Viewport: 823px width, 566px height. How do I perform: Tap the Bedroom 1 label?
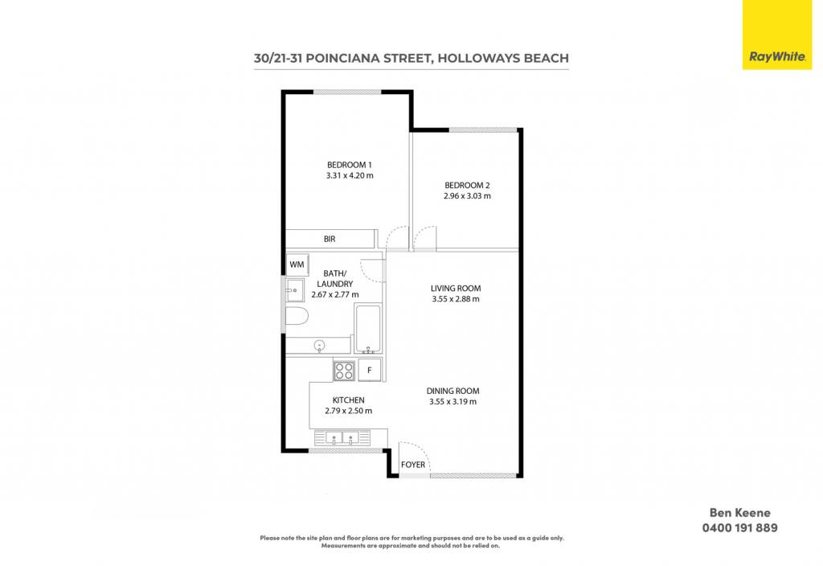click(x=350, y=165)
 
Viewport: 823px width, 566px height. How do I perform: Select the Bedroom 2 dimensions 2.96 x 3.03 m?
click(x=467, y=196)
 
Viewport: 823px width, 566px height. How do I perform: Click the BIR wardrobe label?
click(x=330, y=239)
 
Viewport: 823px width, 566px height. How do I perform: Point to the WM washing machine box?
click(x=297, y=265)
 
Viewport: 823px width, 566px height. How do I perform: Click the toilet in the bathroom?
click(x=296, y=317)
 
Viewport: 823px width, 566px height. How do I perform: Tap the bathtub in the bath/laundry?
click(x=368, y=329)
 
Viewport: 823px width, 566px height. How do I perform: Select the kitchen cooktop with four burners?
click(x=344, y=371)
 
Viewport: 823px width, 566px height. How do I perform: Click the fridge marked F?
click(x=370, y=370)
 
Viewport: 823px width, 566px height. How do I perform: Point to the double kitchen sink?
click(x=342, y=437)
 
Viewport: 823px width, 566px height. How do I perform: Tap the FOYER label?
click(x=413, y=465)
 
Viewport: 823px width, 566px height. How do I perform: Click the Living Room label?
click(x=456, y=289)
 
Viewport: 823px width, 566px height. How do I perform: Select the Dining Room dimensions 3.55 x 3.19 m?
click(x=453, y=402)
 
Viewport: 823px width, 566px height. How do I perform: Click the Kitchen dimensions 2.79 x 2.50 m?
click(x=349, y=411)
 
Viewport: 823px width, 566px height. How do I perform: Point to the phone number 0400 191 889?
click(x=740, y=527)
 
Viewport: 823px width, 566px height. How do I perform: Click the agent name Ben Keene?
click(x=740, y=513)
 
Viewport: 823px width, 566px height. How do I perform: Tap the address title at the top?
click(x=411, y=58)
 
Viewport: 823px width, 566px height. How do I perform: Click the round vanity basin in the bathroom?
click(x=319, y=346)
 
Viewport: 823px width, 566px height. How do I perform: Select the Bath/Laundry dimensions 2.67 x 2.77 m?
click(x=335, y=294)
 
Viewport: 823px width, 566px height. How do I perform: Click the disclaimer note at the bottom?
click(x=411, y=542)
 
